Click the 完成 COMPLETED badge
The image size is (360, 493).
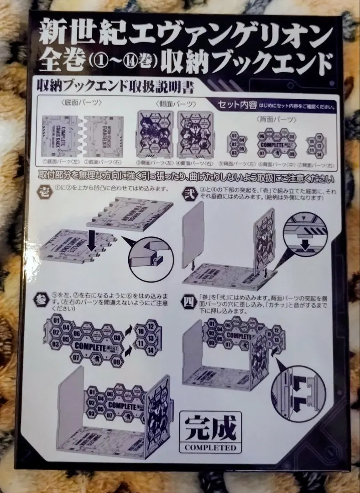pos(210,432)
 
